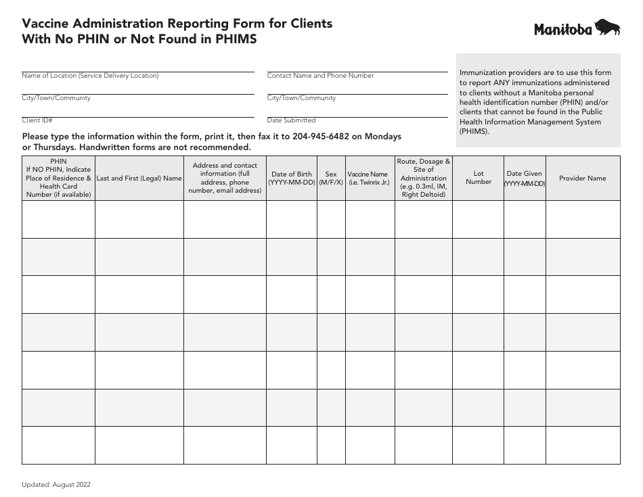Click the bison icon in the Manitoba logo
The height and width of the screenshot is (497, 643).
(608, 28)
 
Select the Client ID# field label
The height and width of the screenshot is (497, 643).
(37, 120)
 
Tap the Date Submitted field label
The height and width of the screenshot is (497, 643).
(291, 120)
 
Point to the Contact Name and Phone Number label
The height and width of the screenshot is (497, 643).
(320, 76)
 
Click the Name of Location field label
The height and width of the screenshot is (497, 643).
(90, 76)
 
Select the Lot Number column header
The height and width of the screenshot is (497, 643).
(479, 178)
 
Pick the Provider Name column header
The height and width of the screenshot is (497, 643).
(582, 179)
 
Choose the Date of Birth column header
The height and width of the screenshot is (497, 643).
(292, 179)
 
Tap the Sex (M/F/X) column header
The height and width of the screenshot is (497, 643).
(331, 179)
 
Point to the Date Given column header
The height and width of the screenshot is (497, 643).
(524, 179)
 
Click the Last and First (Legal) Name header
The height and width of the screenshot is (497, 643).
(139, 179)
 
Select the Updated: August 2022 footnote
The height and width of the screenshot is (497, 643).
(56, 484)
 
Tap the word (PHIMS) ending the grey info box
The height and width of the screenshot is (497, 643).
(474, 131)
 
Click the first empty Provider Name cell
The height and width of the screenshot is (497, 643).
(582, 219)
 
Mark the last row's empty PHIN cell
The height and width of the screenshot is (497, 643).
(58, 445)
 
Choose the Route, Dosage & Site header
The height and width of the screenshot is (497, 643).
(424, 178)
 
